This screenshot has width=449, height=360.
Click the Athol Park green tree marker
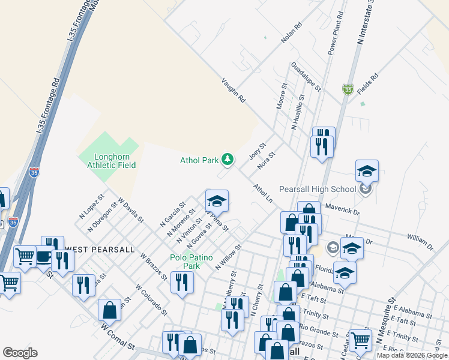point(228,159)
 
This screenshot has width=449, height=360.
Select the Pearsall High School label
point(318,189)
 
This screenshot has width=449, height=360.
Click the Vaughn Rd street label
point(234,89)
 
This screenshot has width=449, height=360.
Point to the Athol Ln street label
point(263,193)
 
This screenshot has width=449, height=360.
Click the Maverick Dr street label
point(342,212)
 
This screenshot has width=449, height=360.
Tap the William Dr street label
point(420,242)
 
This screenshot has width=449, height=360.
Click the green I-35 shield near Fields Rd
point(348,89)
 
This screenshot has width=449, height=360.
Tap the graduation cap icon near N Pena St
point(217,200)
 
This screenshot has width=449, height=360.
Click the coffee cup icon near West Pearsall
point(44,256)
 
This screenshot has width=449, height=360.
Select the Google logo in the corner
point(20,353)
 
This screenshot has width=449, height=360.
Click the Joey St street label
point(257,151)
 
